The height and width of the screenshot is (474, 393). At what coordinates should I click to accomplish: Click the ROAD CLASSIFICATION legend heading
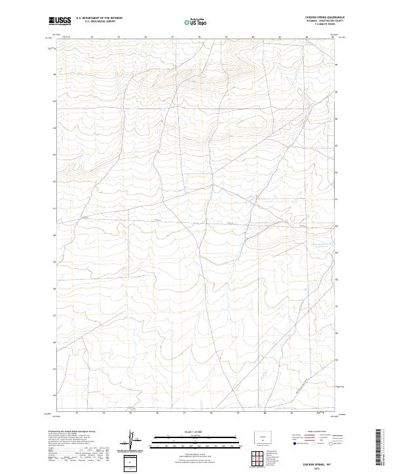314,433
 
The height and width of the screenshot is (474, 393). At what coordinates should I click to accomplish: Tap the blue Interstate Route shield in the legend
296,444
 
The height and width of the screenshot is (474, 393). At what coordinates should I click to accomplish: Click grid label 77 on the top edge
172,38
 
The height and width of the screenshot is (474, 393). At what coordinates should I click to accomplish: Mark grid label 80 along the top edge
253,38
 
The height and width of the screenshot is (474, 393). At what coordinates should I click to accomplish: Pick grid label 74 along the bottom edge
103,413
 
